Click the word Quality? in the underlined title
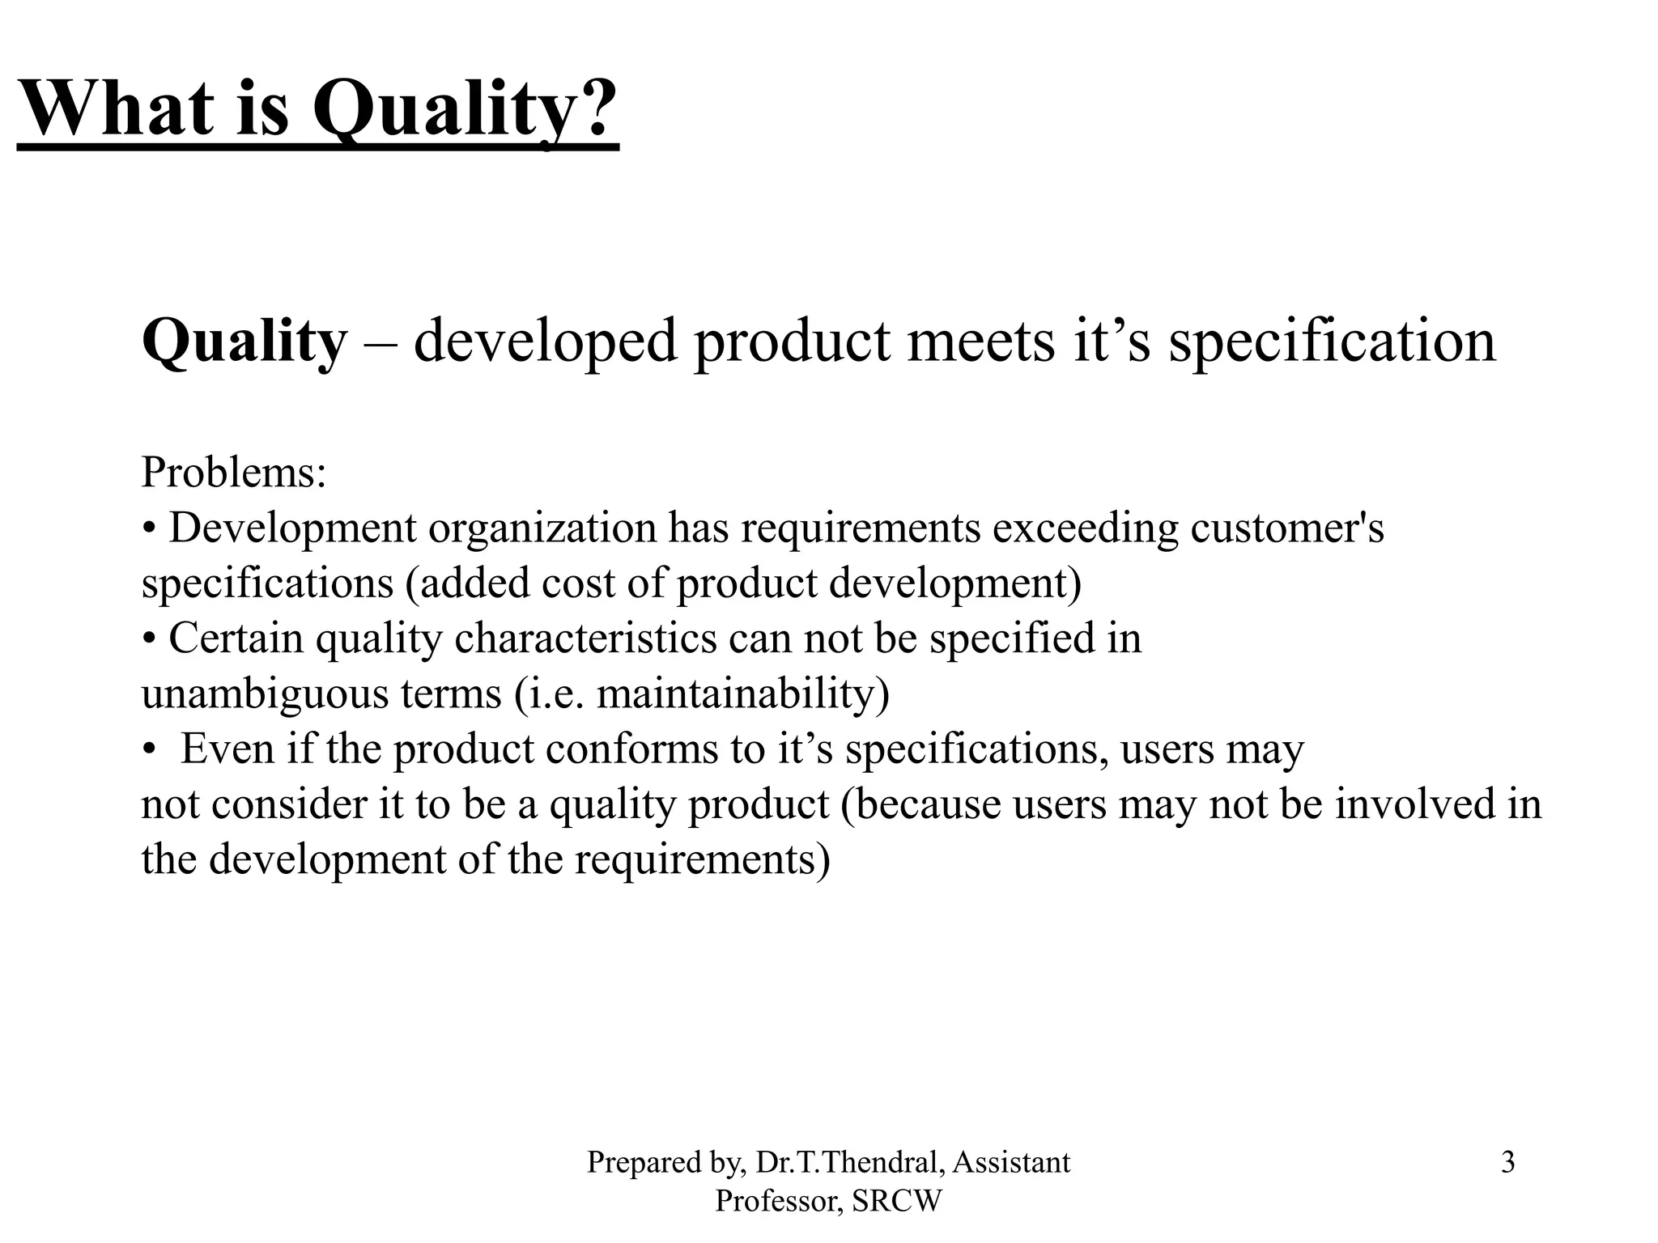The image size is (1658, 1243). tap(466, 109)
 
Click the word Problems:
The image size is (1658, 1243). tap(234, 472)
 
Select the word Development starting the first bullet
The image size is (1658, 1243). tap(292, 528)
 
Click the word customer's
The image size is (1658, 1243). tap(1287, 528)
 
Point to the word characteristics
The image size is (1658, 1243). tap(585, 638)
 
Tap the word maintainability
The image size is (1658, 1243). tap(736, 694)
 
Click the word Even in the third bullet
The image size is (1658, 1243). tap(227, 749)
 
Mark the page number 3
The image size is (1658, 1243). tap(1507, 1163)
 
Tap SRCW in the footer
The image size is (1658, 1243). tap(897, 1201)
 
